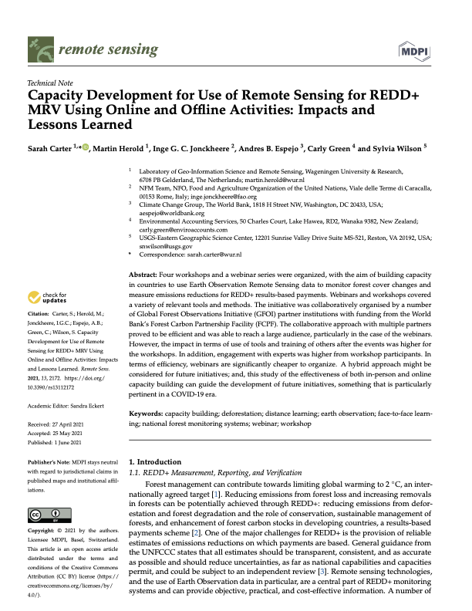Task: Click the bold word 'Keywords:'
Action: (x=144, y=414)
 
